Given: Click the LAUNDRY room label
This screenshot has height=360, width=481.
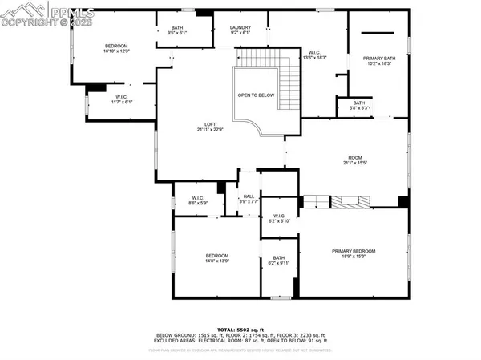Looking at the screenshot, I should [x=240, y=27].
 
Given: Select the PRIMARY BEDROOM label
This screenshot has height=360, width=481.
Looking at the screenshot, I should [x=354, y=251].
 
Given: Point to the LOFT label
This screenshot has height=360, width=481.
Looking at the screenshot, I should [x=209, y=123].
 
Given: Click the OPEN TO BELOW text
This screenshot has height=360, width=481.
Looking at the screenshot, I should [x=255, y=95].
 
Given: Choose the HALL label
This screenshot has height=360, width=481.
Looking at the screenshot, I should [x=249, y=196].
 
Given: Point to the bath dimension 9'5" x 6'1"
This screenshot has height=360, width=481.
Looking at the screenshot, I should [x=176, y=33].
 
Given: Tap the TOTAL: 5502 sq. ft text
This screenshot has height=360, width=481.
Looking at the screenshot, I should [x=240, y=330].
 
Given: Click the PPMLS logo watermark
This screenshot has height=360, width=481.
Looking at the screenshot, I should [x=48, y=14].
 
